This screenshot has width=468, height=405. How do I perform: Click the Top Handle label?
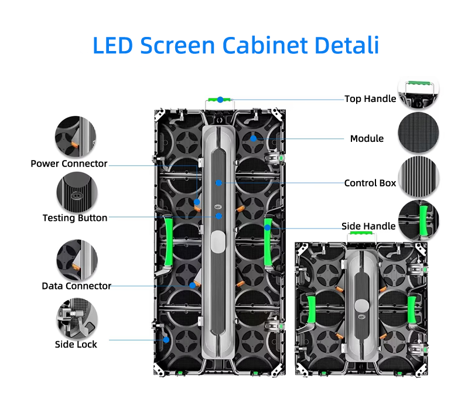click(x=370, y=99)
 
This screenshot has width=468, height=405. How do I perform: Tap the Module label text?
click(x=367, y=139)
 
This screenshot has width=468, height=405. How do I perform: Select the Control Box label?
click(x=370, y=183)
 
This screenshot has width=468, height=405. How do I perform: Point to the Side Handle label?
click(x=368, y=226)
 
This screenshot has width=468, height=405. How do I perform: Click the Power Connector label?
click(x=69, y=164)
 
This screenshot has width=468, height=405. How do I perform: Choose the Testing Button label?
click(x=75, y=218)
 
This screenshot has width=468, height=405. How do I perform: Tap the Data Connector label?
click(x=76, y=286)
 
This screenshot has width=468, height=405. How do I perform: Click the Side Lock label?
click(x=76, y=344)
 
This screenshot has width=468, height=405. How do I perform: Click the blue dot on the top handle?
click(x=220, y=100)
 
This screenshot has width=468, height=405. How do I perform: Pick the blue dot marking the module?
click(x=254, y=139)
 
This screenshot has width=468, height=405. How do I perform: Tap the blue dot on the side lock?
click(x=166, y=339)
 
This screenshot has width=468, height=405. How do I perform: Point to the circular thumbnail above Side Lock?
click(x=76, y=317)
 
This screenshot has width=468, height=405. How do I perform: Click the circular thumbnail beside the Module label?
click(x=418, y=134)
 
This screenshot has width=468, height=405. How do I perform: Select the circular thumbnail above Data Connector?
click(x=76, y=258)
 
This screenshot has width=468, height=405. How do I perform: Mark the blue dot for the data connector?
click(x=192, y=285)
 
